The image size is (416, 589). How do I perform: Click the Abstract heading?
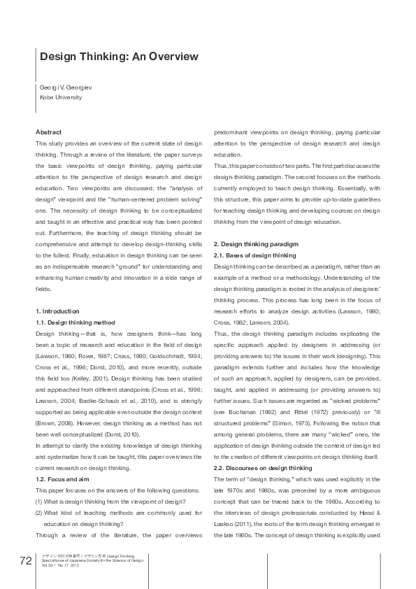(x=48, y=132)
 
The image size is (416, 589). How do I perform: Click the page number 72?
(x=25, y=560)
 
